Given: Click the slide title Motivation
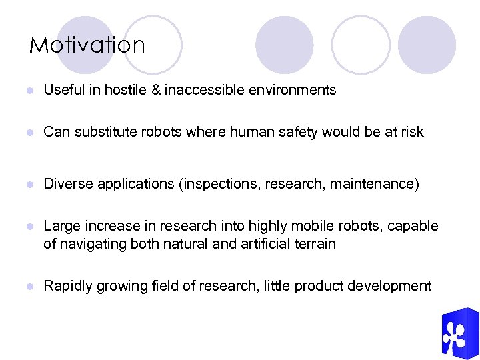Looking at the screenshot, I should (87, 45).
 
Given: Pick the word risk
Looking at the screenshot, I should (411, 132).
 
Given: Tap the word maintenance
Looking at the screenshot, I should (379, 184).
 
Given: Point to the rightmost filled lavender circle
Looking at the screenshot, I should (427, 45).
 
